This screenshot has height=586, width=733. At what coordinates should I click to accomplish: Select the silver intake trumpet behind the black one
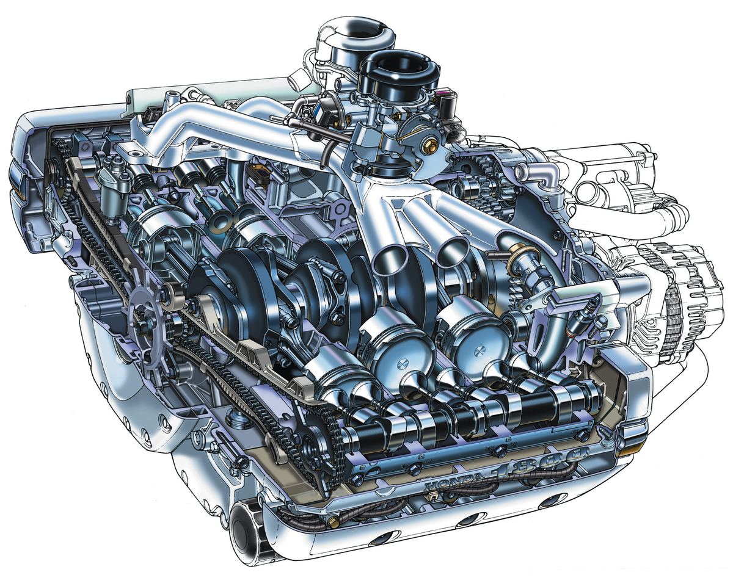(359, 32)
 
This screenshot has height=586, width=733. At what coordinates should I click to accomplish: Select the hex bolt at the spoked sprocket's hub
(140, 327)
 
